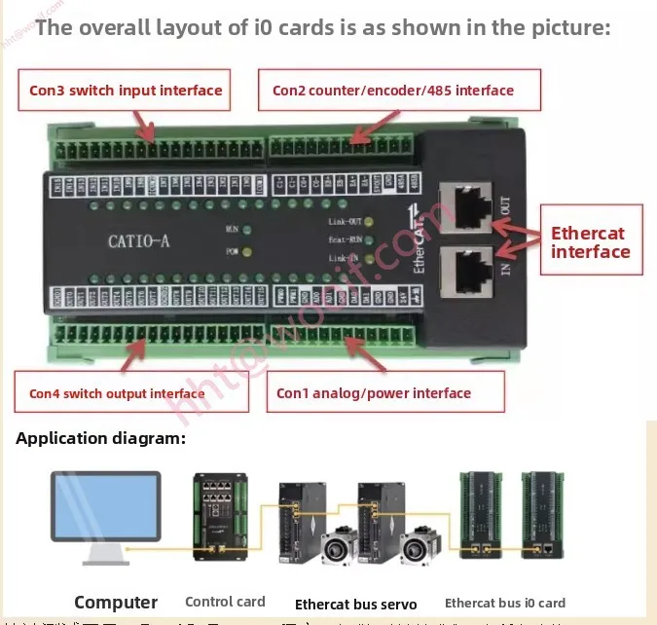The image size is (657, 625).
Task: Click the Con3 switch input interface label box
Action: tap(126, 92)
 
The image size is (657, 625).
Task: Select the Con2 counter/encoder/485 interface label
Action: tap(392, 92)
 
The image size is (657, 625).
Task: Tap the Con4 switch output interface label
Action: tap(117, 393)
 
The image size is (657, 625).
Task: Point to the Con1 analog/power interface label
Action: tap(374, 393)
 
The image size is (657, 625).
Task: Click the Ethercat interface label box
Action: tap(591, 242)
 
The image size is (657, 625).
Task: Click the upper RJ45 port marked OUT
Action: tap(467, 207)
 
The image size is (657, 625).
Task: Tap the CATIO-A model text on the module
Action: tap(138, 240)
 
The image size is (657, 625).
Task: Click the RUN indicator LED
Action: tap(247, 231)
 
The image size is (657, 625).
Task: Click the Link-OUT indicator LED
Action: tap(369, 222)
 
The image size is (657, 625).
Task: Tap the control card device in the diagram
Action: tap(221, 516)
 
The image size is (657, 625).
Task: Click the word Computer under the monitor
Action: tap(116, 603)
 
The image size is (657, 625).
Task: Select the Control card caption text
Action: tap(225, 603)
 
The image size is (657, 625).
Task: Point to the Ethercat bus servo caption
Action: tap(355, 604)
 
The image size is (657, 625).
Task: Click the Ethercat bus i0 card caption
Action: tap(504, 604)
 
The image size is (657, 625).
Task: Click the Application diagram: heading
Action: tap(100, 439)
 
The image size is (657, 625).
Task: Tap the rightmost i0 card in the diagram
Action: tap(542, 513)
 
